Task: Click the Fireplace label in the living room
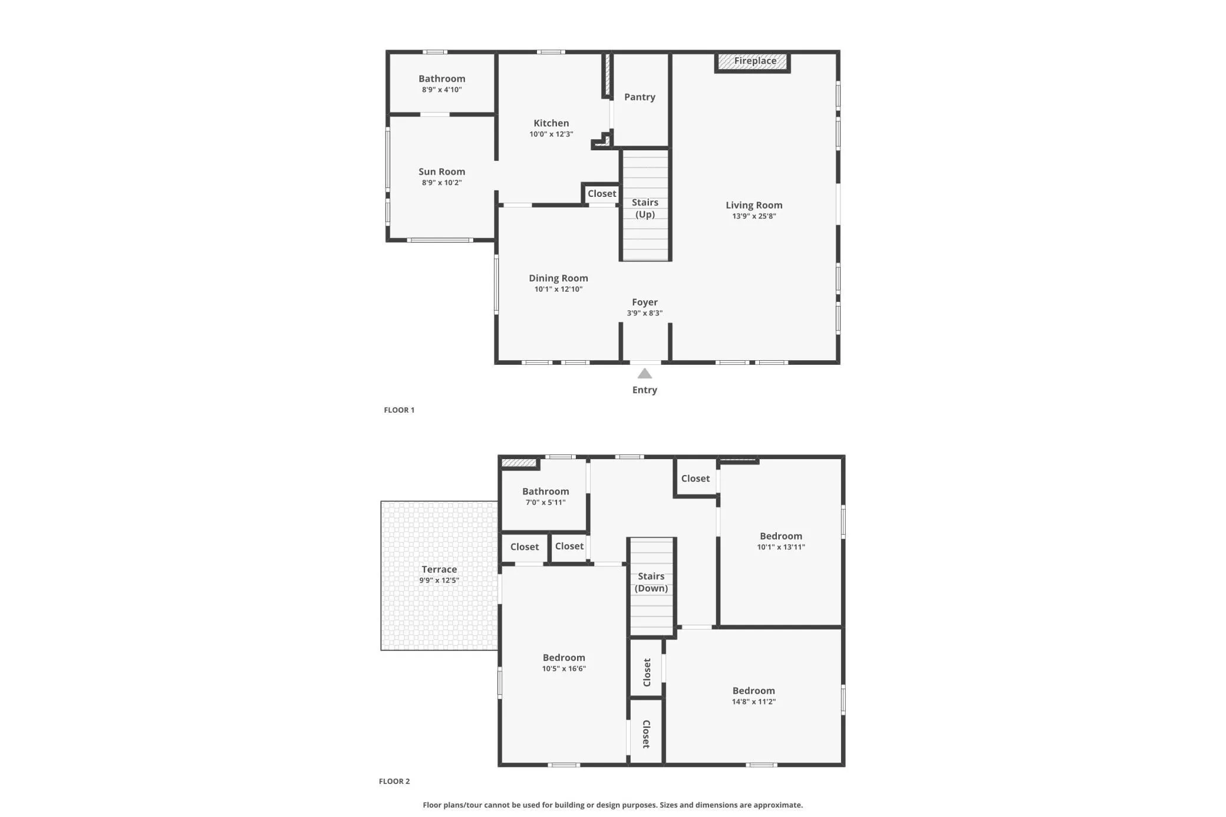755,61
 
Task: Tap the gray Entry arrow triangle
645,374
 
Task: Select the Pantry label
640,97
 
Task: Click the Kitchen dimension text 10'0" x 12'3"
551,134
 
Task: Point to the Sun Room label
442,172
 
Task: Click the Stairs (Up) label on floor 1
645,208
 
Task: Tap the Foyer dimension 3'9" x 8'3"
645,313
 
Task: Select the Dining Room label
558,278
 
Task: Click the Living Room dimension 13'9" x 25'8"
754,216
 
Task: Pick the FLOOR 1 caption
399,410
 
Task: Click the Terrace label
439,569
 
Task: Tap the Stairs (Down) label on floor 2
651,582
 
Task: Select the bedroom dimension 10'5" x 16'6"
564,668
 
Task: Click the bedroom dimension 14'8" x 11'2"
754,701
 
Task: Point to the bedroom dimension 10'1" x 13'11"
781,547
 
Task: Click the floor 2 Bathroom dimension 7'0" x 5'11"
546,502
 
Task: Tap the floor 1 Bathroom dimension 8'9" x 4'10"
442,90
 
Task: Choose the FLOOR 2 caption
394,781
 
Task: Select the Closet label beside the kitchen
602,193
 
